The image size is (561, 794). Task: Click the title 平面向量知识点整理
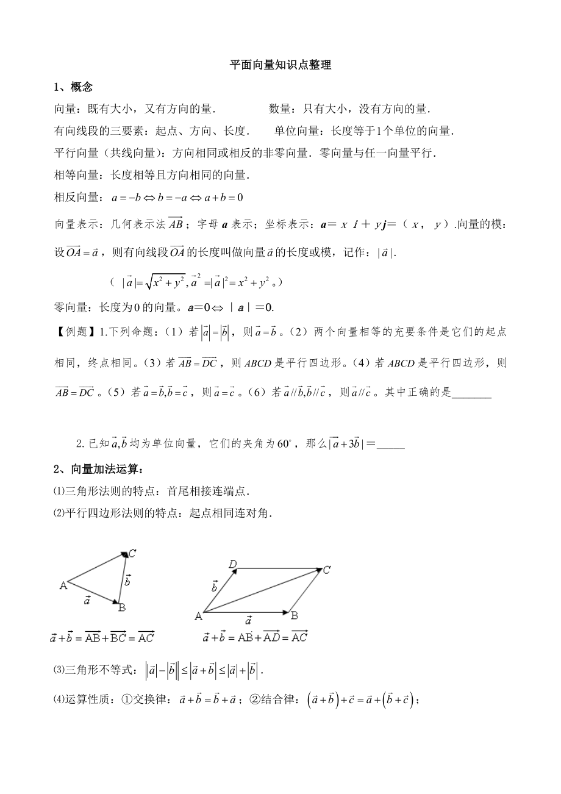(280, 65)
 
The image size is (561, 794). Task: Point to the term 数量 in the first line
(283, 109)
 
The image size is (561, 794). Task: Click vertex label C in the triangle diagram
(132, 554)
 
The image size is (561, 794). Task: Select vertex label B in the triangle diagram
(122, 607)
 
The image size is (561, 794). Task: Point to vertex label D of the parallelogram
(232, 564)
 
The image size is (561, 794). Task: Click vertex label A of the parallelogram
(198, 616)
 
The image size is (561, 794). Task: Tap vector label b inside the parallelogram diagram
(215, 586)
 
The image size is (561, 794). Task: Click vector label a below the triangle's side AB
(87, 600)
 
